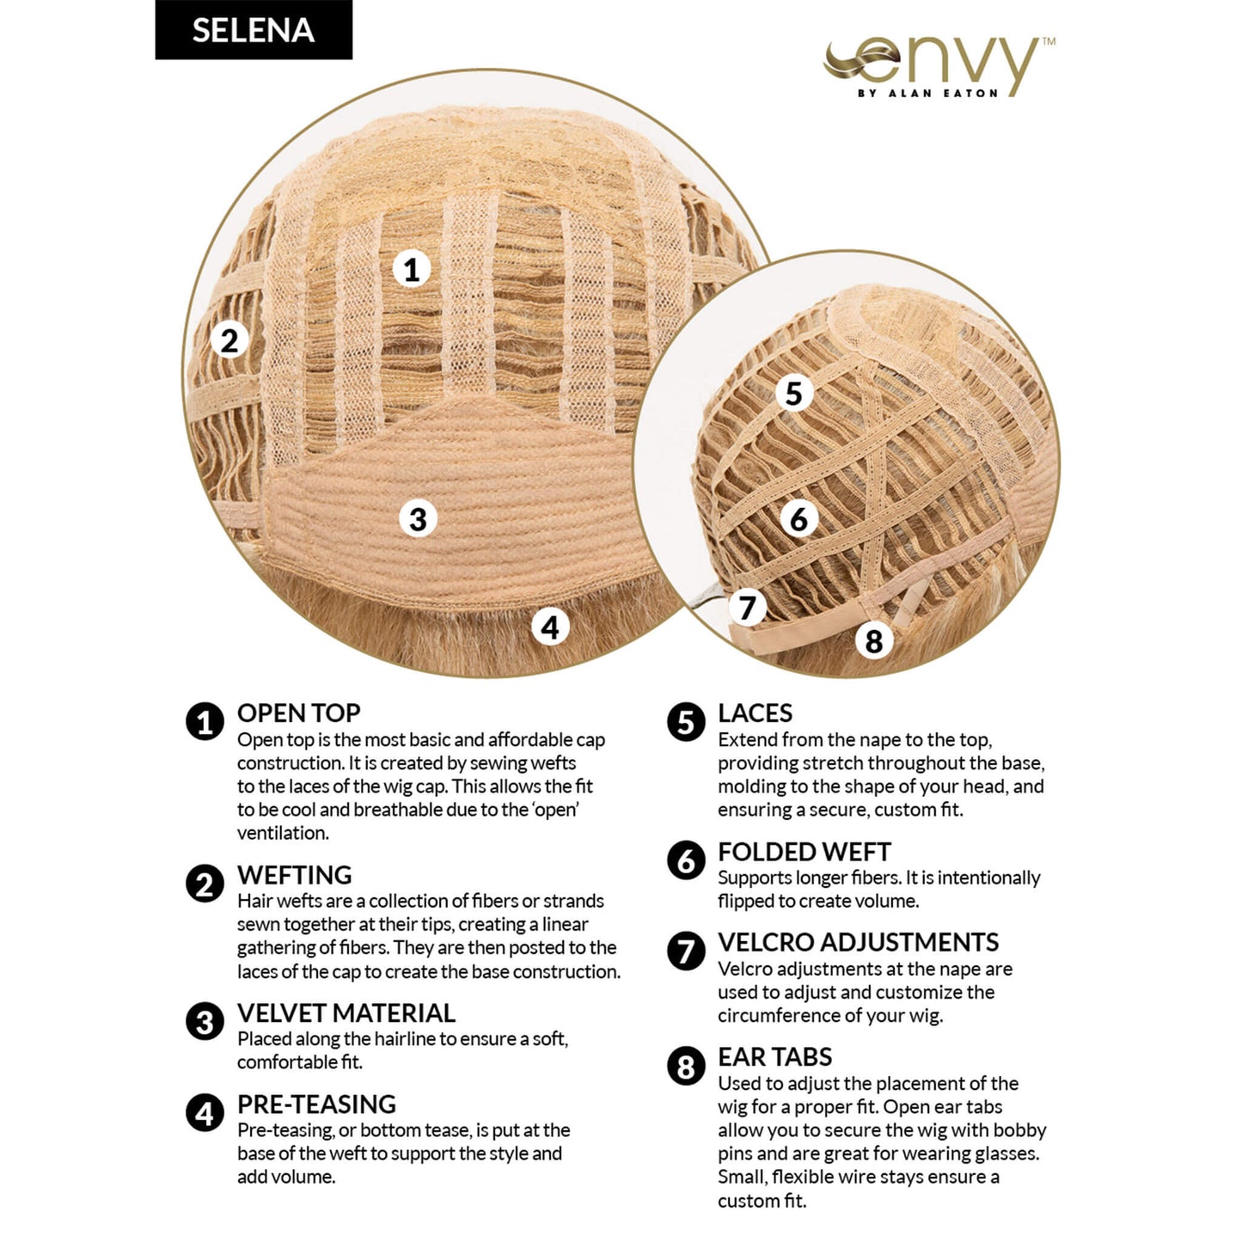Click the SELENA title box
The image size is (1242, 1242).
pos(254,29)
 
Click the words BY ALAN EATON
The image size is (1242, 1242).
pos(927,93)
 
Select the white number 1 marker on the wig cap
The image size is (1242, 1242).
pos(412,269)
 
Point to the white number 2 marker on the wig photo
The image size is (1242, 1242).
pos(229,340)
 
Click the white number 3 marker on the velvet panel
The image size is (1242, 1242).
pos(418,519)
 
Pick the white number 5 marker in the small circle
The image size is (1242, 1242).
pos(793,393)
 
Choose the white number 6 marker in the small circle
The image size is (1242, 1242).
pos(798,519)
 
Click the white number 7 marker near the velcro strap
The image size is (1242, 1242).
pos(748,607)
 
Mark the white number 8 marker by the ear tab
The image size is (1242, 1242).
pos(873,640)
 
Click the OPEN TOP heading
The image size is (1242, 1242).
pos(299,713)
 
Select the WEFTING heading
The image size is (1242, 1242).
pos(295,875)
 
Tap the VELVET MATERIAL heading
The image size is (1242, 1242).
pos(346,1013)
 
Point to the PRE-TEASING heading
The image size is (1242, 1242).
pos(316,1104)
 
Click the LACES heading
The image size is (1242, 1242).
pos(755,713)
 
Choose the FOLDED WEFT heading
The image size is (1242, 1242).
pos(805,852)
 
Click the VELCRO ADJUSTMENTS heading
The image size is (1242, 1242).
pos(859,942)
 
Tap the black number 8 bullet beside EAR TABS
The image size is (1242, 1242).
pos(686,1066)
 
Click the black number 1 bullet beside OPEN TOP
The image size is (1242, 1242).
pos(205,721)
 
